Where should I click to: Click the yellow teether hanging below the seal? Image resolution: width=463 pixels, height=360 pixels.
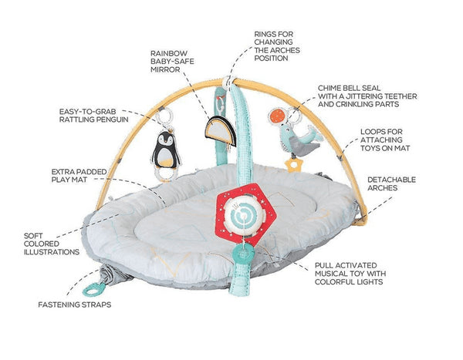coord(293,163)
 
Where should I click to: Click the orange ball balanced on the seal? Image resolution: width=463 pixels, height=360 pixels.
coord(275,115)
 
